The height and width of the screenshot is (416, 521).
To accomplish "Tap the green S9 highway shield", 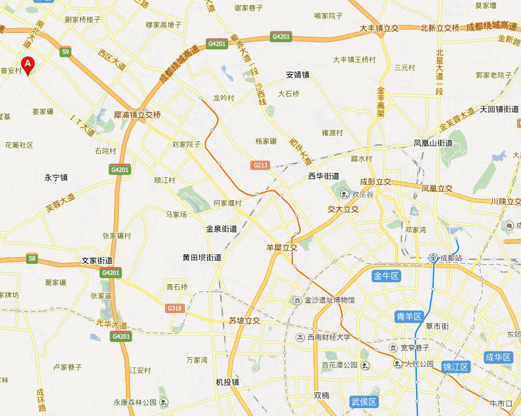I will click(65, 51).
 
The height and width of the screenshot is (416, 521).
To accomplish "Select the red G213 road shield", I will click(260, 165).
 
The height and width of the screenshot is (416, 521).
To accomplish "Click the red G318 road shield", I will click(174, 308).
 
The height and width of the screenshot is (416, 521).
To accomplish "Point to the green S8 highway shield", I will click(32, 259).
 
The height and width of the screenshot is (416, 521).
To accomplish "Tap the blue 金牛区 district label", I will click(386, 276).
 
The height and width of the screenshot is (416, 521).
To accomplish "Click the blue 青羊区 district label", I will click(409, 316).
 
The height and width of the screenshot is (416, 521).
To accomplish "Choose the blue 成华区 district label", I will click(498, 357).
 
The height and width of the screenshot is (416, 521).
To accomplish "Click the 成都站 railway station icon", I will click(433, 258).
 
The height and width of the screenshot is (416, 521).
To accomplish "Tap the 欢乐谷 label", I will click(362, 194).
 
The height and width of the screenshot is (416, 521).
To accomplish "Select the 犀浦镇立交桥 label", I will click(137, 114).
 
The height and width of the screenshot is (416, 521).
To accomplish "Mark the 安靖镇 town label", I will click(298, 75).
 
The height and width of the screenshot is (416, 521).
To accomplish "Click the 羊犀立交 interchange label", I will click(282, 247).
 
